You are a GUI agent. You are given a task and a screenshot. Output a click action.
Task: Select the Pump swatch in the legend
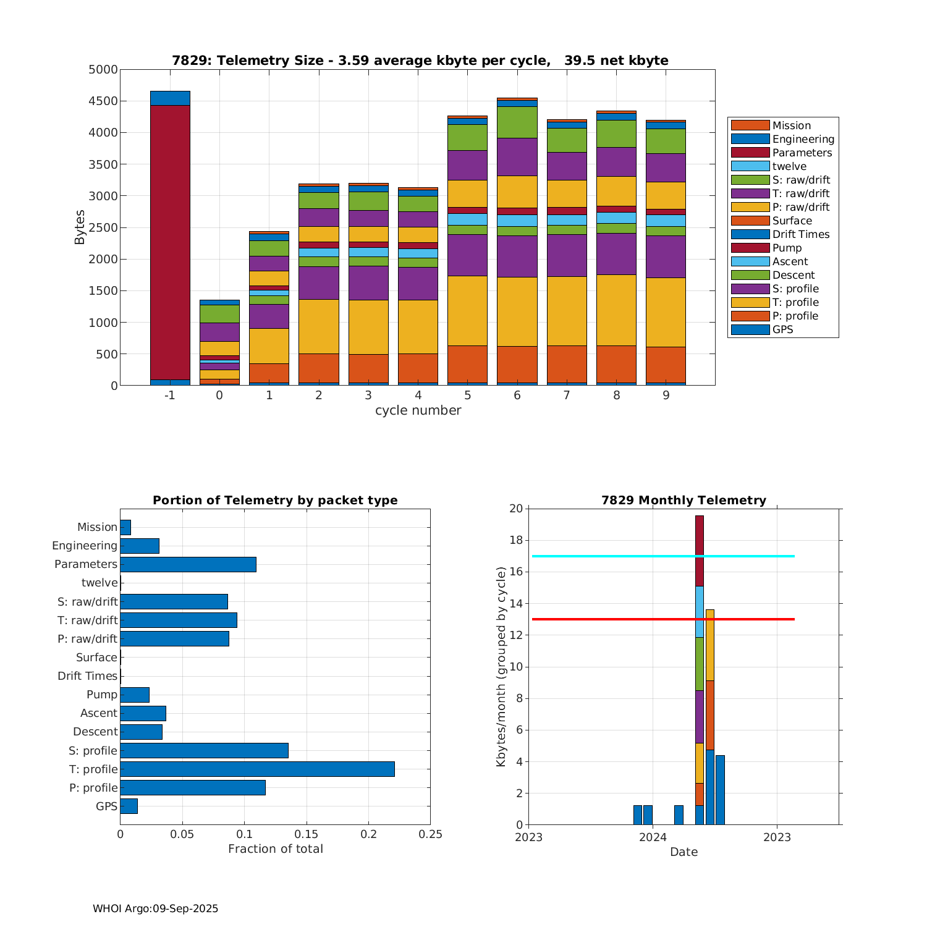(750, 248)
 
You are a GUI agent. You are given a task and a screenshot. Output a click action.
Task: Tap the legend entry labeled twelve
(789, 166)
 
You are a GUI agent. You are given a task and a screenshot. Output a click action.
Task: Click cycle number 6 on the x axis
(517, 395)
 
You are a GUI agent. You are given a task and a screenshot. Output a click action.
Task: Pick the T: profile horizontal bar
(257, 769)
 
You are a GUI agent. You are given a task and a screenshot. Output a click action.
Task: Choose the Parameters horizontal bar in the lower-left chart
(188, 564)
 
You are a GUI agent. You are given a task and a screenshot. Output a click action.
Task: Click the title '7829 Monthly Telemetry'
(684, 500)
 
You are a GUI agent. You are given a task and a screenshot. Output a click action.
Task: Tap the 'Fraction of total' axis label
(276, 849)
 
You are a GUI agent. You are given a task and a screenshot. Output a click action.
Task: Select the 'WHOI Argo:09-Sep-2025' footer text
(155, 908)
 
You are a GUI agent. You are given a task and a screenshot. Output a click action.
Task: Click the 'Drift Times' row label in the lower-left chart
(87, 676)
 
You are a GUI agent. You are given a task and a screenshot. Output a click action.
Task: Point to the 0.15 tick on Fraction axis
(307, 834)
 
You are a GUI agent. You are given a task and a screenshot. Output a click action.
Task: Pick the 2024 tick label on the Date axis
(653, 837)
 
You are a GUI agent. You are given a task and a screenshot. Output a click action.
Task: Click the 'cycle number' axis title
(418, 410)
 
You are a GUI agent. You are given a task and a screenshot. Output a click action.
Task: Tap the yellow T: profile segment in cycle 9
(666, 312)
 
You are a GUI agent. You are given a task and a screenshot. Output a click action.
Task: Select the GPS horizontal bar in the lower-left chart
(129, 806)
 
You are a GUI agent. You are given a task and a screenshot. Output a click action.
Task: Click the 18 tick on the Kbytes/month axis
(516, 541)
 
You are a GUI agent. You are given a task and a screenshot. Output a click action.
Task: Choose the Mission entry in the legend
(791, 125)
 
